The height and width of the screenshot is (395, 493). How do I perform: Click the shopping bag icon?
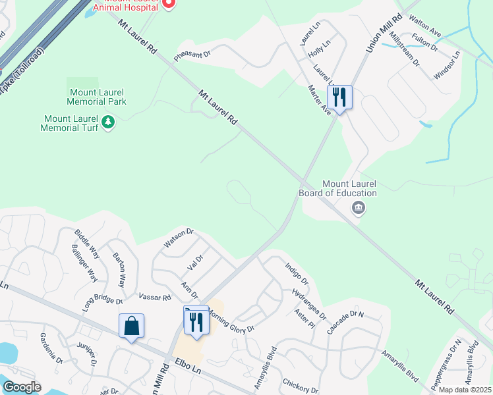coord(131,325)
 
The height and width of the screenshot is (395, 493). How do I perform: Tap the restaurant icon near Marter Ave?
coord(339,97)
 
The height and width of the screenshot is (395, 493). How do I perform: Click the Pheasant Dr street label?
coord(191,53)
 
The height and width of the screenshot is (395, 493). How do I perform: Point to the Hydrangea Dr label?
coord(309,303)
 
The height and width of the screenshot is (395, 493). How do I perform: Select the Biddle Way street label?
coord(87,243)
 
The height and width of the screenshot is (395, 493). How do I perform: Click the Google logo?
coord(22,387)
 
